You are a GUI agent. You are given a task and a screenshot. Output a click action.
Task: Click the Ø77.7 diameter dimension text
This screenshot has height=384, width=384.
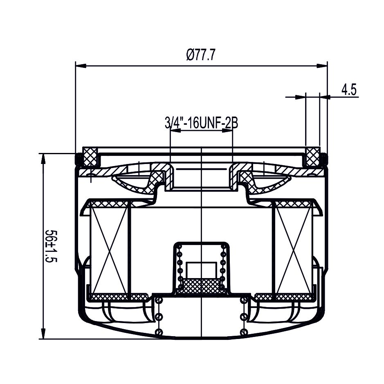point(200,55)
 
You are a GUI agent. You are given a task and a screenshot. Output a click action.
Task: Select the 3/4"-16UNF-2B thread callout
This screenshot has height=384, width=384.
point(201,123)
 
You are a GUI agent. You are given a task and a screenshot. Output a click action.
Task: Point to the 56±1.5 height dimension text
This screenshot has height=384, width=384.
point(51,246)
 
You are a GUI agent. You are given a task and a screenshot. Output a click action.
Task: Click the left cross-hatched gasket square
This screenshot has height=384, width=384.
point(90,157)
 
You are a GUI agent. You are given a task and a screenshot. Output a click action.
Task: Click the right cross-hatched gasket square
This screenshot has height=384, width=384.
point(313,157)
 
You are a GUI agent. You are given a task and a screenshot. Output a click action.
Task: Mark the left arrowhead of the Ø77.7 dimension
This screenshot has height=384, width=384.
point(81,66)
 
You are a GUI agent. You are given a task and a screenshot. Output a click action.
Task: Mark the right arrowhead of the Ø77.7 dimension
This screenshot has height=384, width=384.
point(322,66)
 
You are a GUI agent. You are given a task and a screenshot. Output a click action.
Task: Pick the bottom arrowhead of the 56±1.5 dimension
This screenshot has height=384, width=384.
point(43,333)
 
